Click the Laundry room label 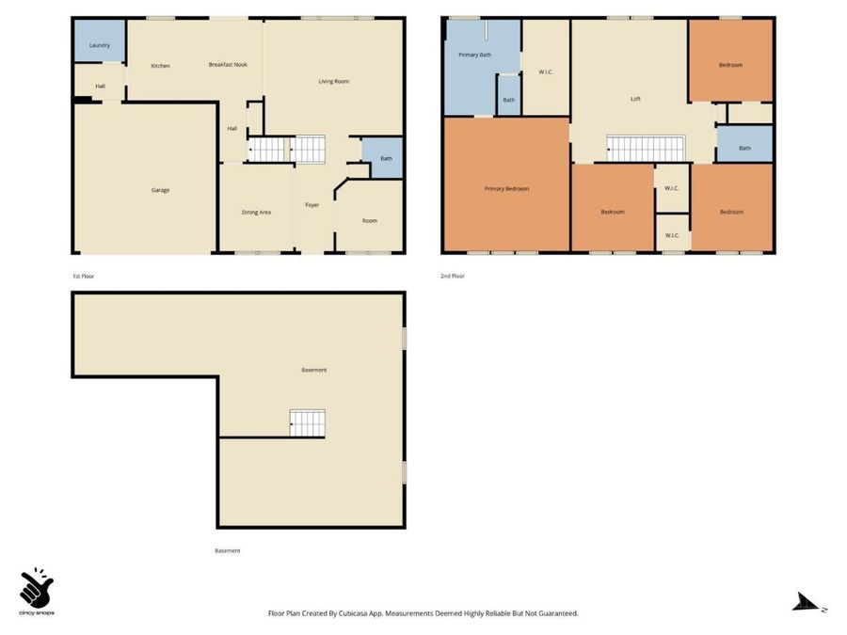100,45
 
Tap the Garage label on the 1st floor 160,190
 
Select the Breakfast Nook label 228,65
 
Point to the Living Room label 334,82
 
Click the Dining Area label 256,213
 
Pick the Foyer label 312,205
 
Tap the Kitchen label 160,66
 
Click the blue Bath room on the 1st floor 382,158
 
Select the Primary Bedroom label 506,189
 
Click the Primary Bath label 475,56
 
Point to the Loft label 636,99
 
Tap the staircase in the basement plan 308,422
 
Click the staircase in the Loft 646,149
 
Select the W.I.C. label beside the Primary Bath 546,72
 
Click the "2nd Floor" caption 453,276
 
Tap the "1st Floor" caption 84,277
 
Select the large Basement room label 313,371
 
